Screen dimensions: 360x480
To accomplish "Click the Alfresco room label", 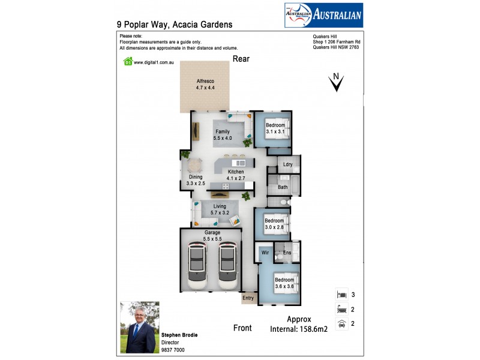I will (x=205, y=84).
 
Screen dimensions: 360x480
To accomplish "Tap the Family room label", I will (x=222, y=134).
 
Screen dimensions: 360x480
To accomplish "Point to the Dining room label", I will (x=196, y=180).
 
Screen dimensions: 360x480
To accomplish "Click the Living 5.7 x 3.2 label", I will (x=220, y=209).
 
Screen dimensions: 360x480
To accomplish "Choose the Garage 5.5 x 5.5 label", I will (x=212, y=235).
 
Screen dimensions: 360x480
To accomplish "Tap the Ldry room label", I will (x=287, y=164).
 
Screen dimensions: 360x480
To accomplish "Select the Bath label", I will (x=283, y=187).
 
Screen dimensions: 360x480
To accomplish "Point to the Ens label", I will (x=287, y=254).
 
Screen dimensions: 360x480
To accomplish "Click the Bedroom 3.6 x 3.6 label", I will (x=284, y=283).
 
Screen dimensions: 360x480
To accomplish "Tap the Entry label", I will (x=248, y=298).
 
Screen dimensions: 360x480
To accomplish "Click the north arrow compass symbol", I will (x=337, y=82).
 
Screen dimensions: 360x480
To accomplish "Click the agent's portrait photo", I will (x=139, y=327).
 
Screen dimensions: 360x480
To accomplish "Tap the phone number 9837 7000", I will (x=173, y=350).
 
